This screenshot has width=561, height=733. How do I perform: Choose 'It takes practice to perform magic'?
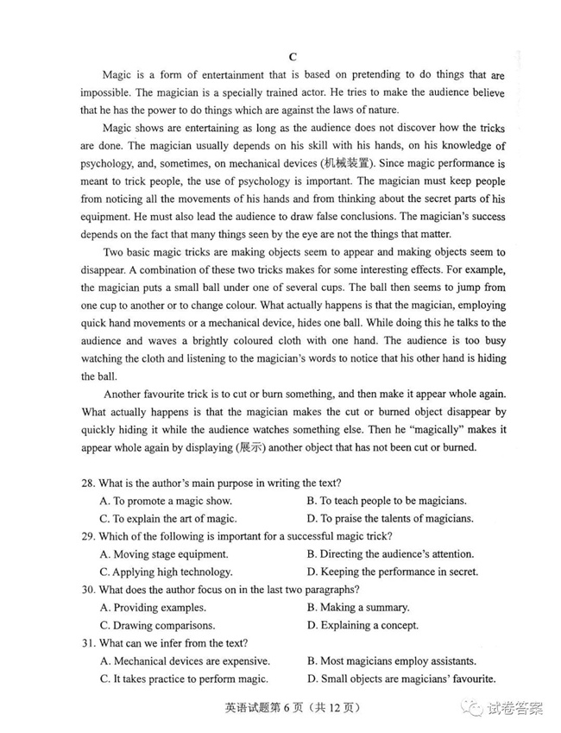[x=184, y=679]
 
